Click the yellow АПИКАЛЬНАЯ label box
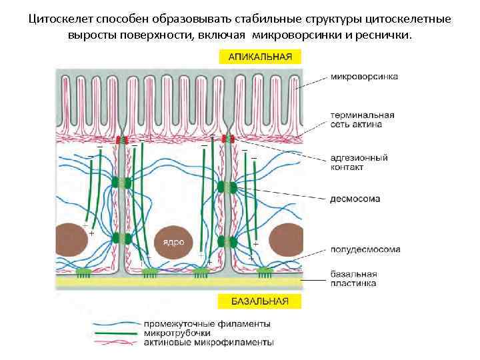tap(260, 57)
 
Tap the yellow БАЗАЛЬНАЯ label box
tap(260, 301)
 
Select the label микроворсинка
tap(365, 77)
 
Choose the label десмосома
tap(355, 198)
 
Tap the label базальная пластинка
tap(354, 278)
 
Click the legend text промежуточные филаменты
tap(207, 324)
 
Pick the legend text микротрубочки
tap(177, 333)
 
